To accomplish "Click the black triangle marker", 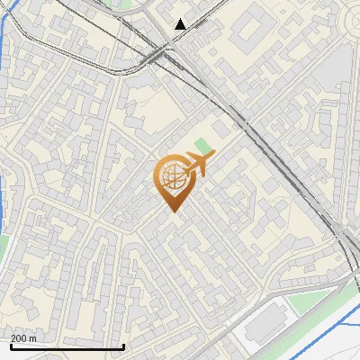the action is pyautogui.click(x=181, y=23).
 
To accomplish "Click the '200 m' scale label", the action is pyautogui.click(x=23, y=338).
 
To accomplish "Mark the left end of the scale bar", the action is pyautogui.click(x=9, y=346).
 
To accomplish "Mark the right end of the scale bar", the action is pyautogui.click(x=123, y=346).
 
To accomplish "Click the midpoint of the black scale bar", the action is pyautogui.click(x=66, y=346).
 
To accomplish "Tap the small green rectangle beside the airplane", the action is pyautogui.click(x=204, y=146).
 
